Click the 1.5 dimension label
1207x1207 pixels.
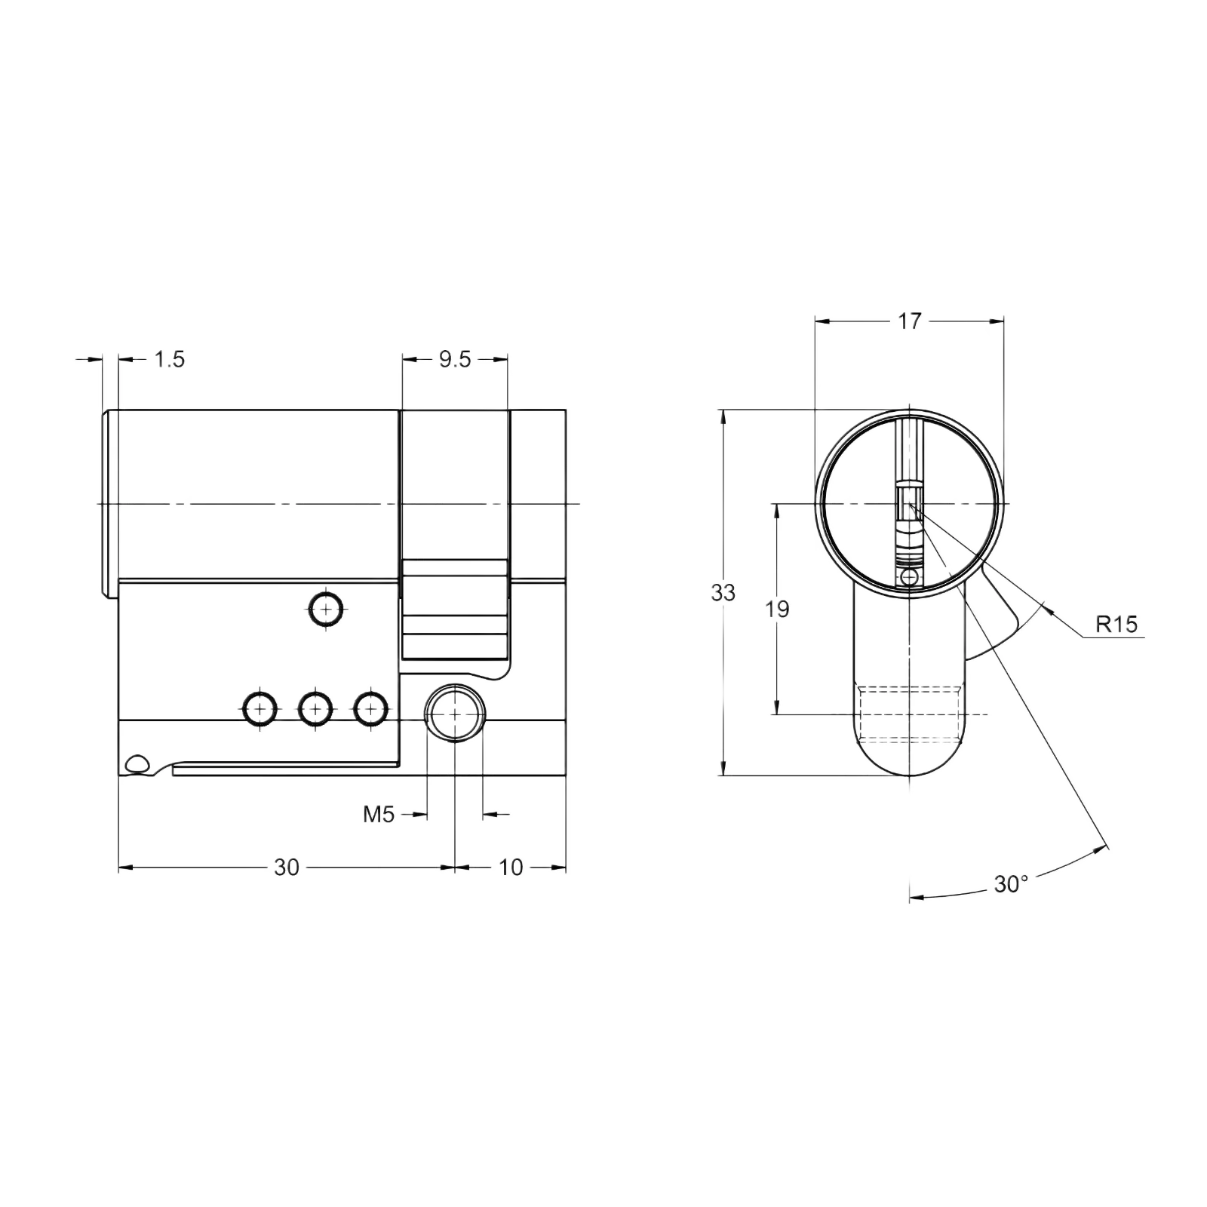(x=170, y=359)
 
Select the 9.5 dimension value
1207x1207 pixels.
(x=455, y=360)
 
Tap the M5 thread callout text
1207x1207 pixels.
(x=379, y=815)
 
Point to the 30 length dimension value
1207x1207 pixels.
(x=287, y=868)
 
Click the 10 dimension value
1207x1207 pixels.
(x=511, y=868)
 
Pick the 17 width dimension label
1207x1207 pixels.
(x=910, y=321)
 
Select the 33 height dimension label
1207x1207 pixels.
(x=723, y=594)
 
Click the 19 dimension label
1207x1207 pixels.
(x=777, y=609)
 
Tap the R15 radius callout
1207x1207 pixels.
(x=1116, y=625)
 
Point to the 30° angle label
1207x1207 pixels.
(x=1011, y=884)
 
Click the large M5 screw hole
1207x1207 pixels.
(x=455, y=713)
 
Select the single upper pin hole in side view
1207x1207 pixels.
(x=325, y=608)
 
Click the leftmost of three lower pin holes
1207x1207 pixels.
(x=259, y=709)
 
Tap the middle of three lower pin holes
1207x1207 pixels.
(x=315, y=709)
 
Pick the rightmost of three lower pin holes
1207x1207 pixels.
(x=371, y=709)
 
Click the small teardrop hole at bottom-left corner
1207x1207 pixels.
(x=138, y=764)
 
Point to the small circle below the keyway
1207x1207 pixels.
(x=910, y=578)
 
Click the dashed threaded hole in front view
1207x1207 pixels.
(x=911, y=714)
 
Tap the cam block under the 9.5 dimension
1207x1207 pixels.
(x=455, y=609)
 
